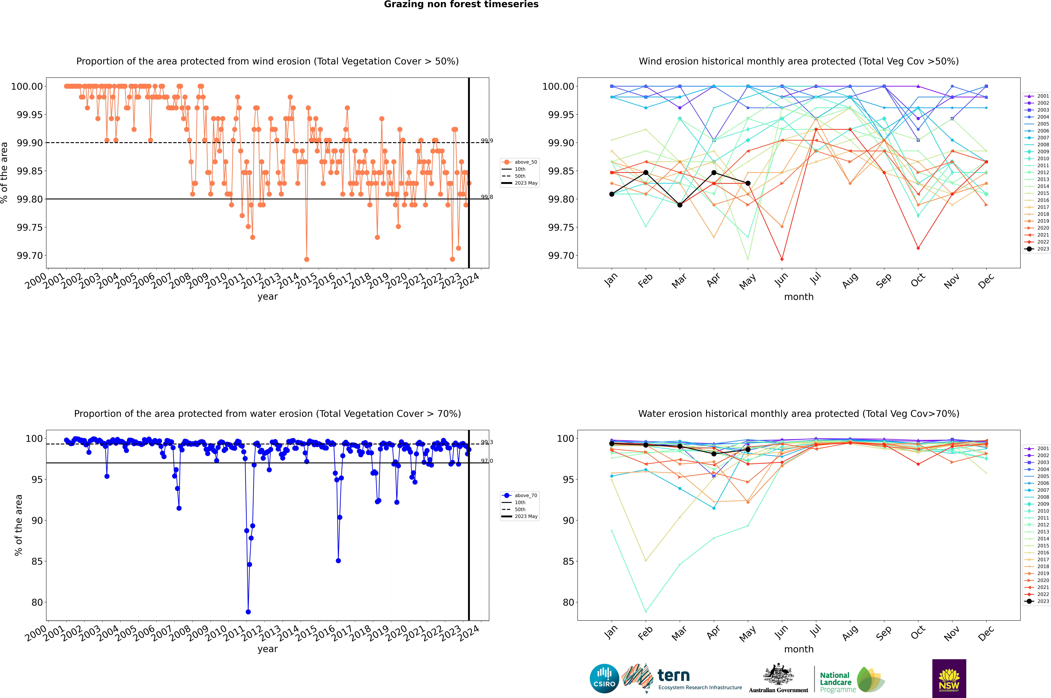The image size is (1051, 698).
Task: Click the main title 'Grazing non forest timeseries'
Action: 461,4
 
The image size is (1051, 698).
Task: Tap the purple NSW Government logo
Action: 949,678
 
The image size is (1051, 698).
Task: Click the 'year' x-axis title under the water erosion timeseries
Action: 267,649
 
